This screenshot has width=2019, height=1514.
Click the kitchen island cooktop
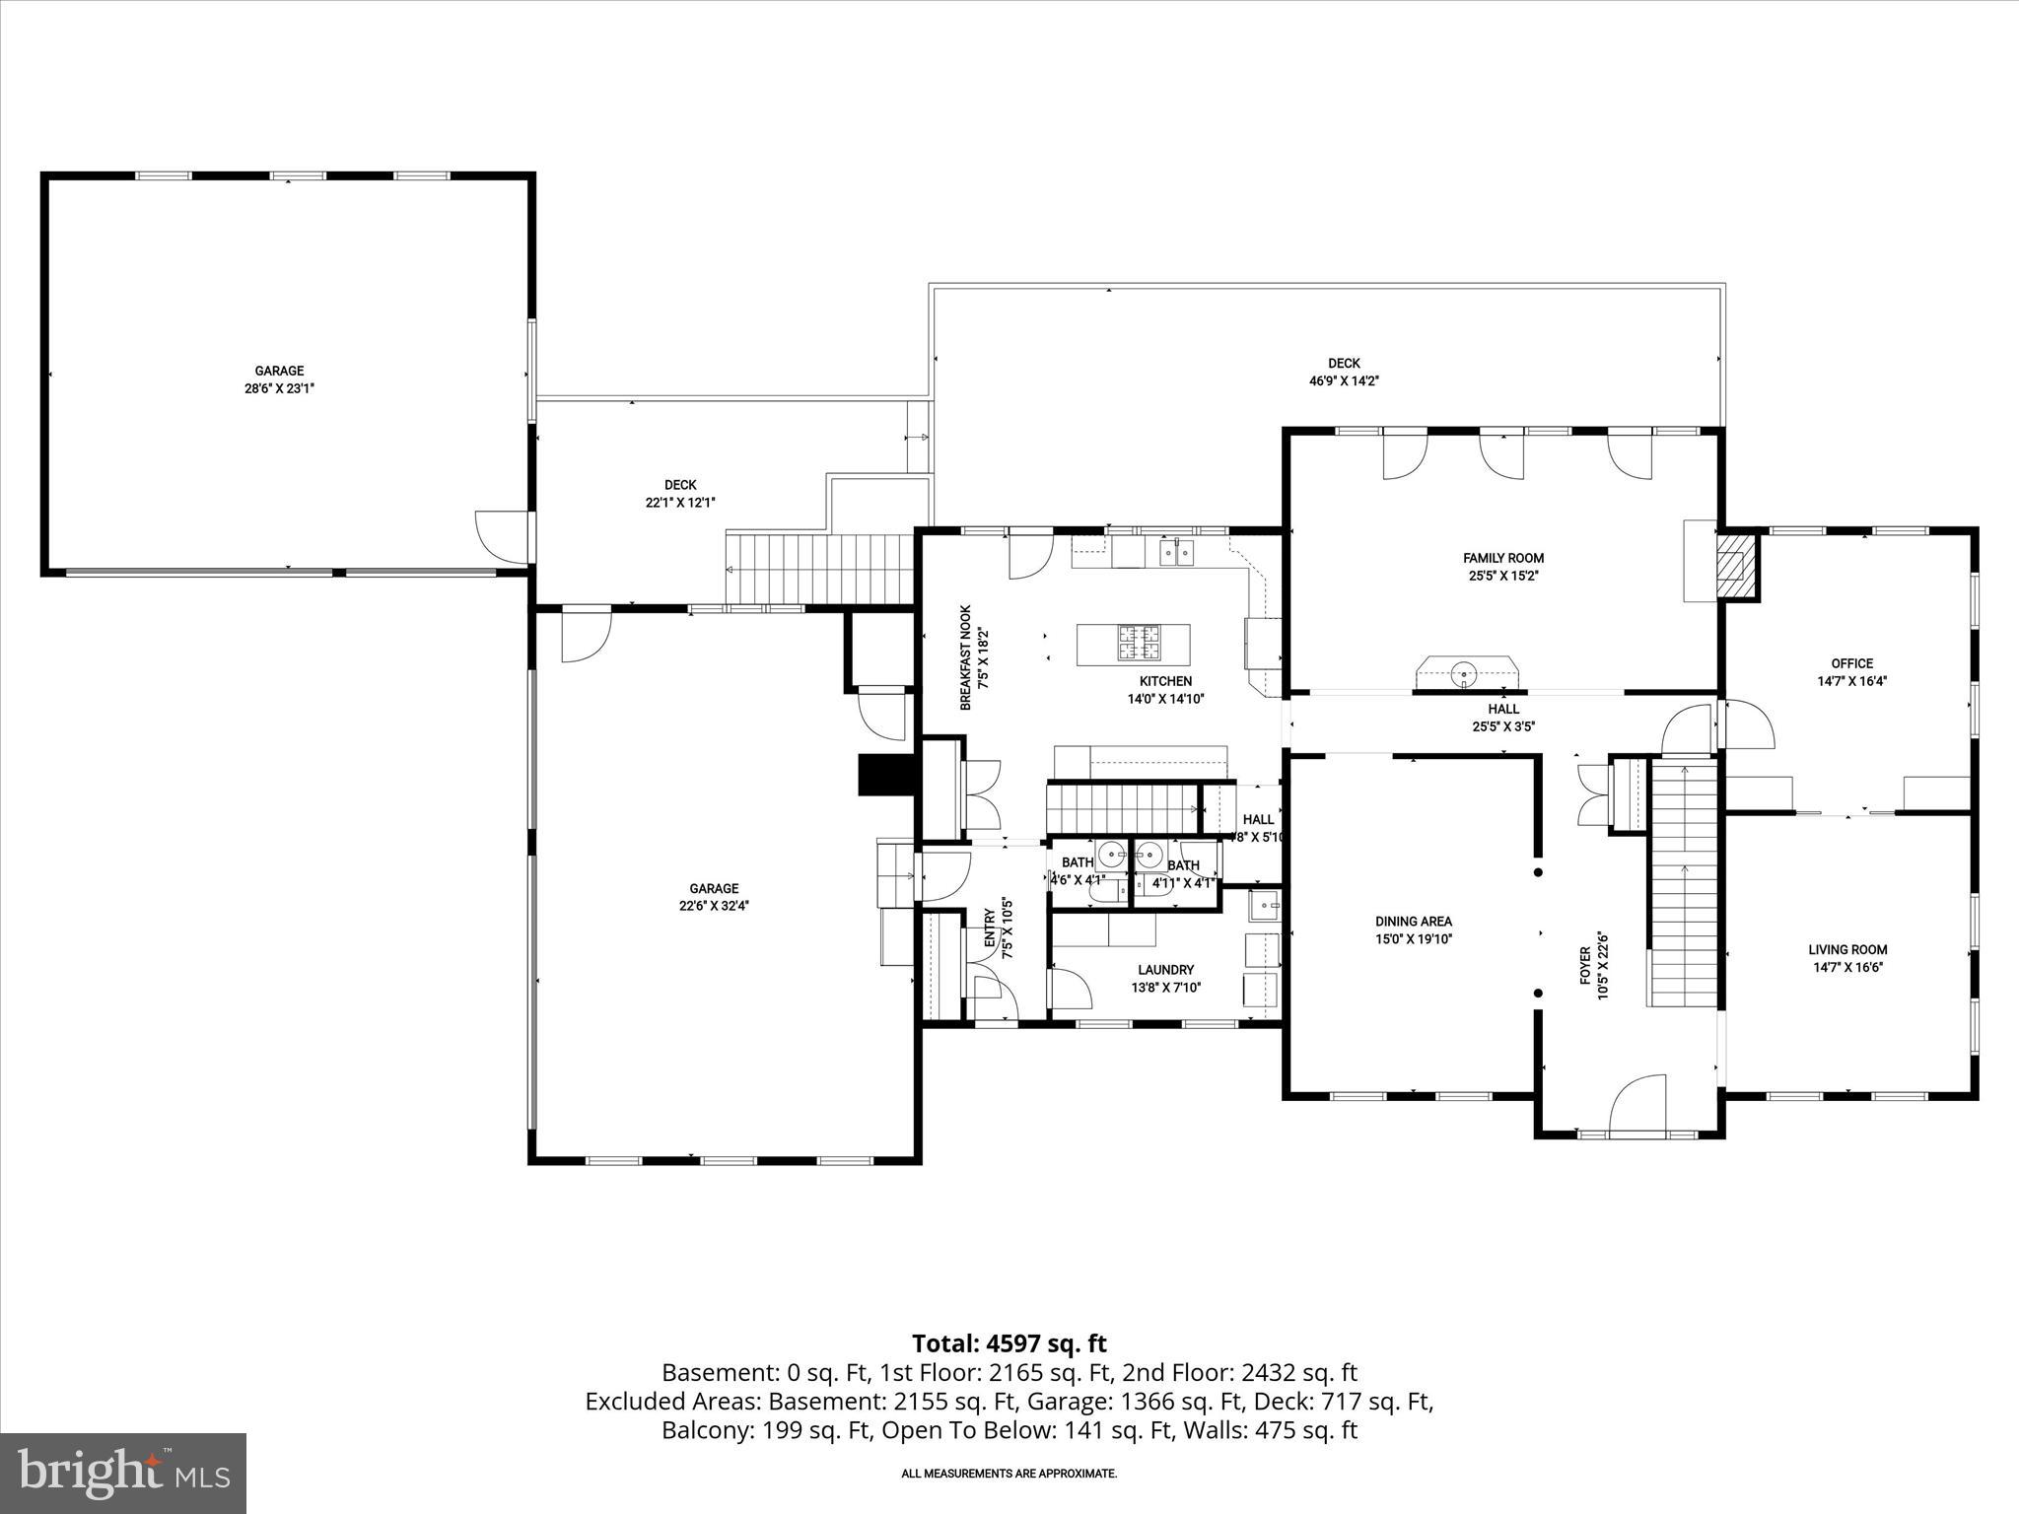(1140, 644)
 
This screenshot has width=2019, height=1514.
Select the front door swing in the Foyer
(1636, 1104)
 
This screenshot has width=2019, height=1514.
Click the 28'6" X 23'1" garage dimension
(280, 388)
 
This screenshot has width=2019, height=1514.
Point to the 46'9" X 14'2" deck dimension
(1344, 380)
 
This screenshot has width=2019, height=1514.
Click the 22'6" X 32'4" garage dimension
(714, 906)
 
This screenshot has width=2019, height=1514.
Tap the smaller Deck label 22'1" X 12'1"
(680, 494)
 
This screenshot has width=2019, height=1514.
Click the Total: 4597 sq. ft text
(1009, 1343)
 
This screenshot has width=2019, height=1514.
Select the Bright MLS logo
(123, 1473)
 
